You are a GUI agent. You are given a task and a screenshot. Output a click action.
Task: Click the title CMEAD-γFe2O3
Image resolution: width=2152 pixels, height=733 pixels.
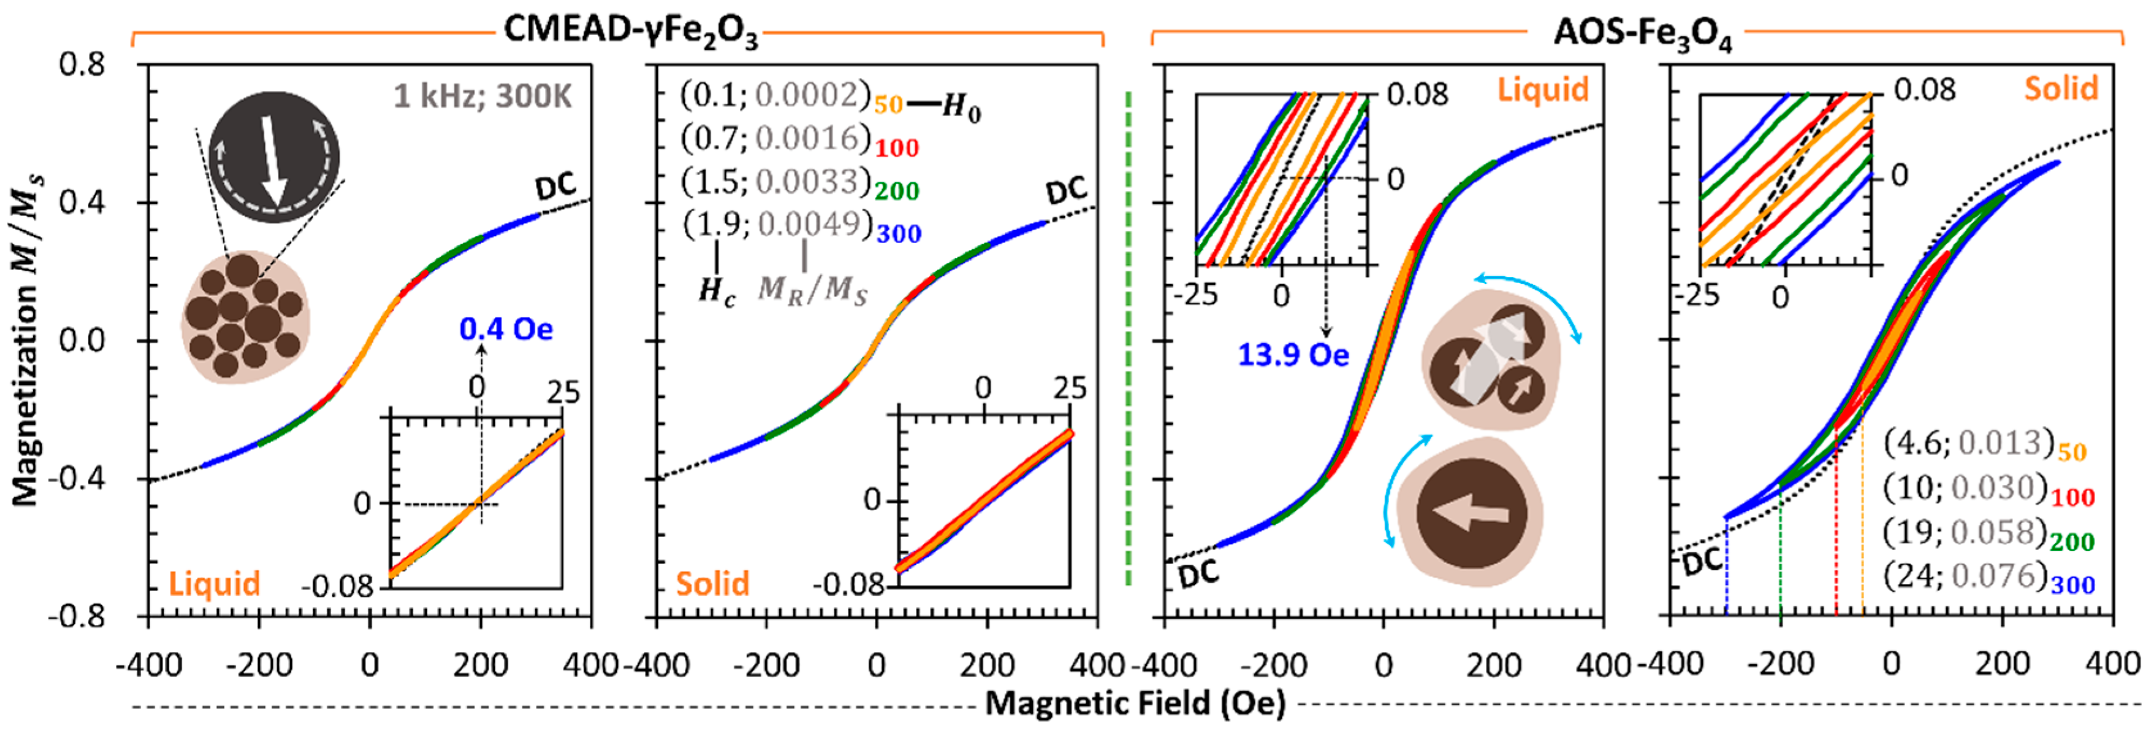click(x=631, y=32)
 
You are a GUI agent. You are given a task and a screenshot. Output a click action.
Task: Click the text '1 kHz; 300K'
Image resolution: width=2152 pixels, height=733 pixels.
click(x=483, y=97)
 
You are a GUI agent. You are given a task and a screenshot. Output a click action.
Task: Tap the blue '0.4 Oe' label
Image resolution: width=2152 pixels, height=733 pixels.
click(x=506, y=329)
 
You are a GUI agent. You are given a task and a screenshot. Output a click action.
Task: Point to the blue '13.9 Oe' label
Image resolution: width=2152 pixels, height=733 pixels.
click(x=1292, y=355)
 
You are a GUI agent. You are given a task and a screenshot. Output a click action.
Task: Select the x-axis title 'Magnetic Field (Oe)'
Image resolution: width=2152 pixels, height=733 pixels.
click(x=1135, y=703)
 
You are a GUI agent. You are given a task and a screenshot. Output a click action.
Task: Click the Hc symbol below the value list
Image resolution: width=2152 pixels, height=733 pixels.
click(x=717, y=292)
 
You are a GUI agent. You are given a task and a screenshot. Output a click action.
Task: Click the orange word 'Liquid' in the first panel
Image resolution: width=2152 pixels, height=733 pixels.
click(x=215, y=583)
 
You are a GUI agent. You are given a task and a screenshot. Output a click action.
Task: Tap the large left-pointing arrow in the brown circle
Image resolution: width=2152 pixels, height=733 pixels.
click(x=1470, y=513)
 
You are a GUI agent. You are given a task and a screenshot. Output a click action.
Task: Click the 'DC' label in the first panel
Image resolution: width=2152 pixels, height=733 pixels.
click(x=555, y=187)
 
